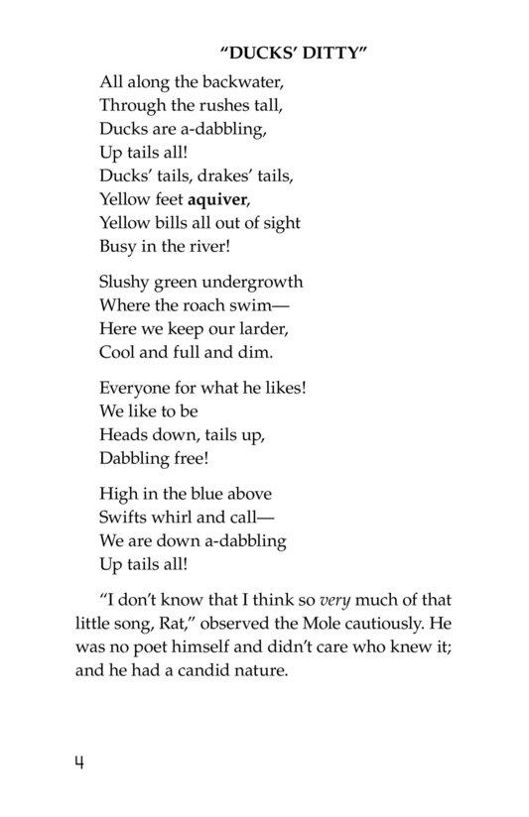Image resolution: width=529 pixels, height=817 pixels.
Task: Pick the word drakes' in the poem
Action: (x=199, y=175)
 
